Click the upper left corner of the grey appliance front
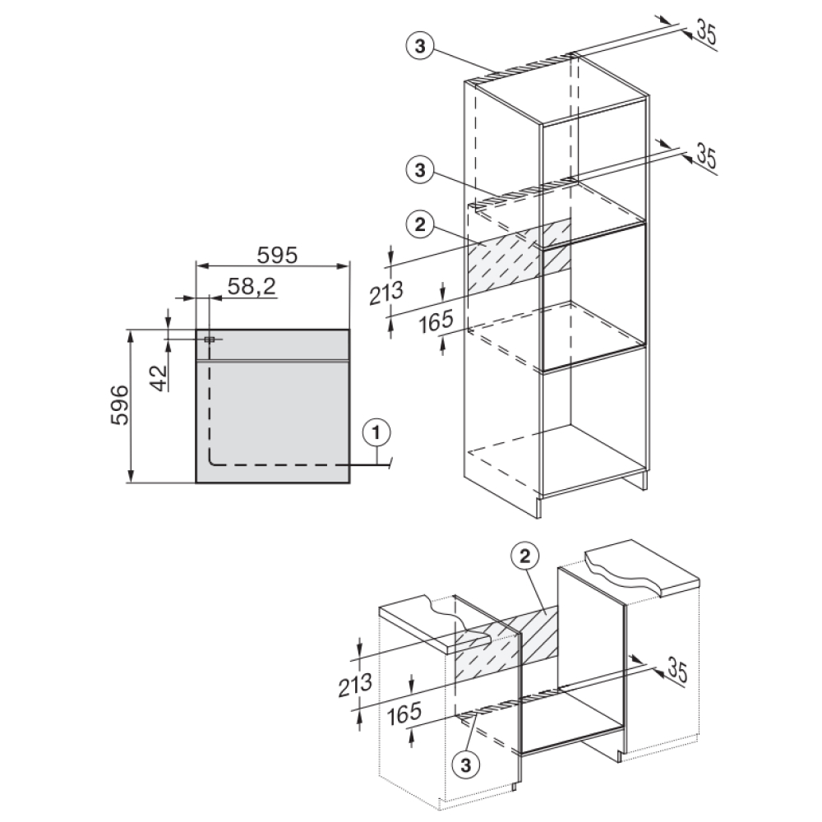coord(196,330)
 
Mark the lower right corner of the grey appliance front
coord(349,483)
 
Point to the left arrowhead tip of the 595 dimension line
coord(196,266)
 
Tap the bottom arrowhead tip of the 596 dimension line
coord(131,483)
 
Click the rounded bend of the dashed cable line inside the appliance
coord(212,461)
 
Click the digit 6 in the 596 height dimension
coord(120,392)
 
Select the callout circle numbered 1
coord(376,433)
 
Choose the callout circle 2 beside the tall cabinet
coord(420,225)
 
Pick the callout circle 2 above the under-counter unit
coord(525,556)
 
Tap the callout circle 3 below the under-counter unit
coord(466,765)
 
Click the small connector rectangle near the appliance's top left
coord(209,339)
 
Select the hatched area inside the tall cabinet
coord(519,256)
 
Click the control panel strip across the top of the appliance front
coord(273,345)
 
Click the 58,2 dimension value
coord(252,287)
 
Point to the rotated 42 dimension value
coord(159,377)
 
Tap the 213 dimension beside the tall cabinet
coord(386,293)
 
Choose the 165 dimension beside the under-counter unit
coord(404,713)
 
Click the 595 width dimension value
coord(277,256)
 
